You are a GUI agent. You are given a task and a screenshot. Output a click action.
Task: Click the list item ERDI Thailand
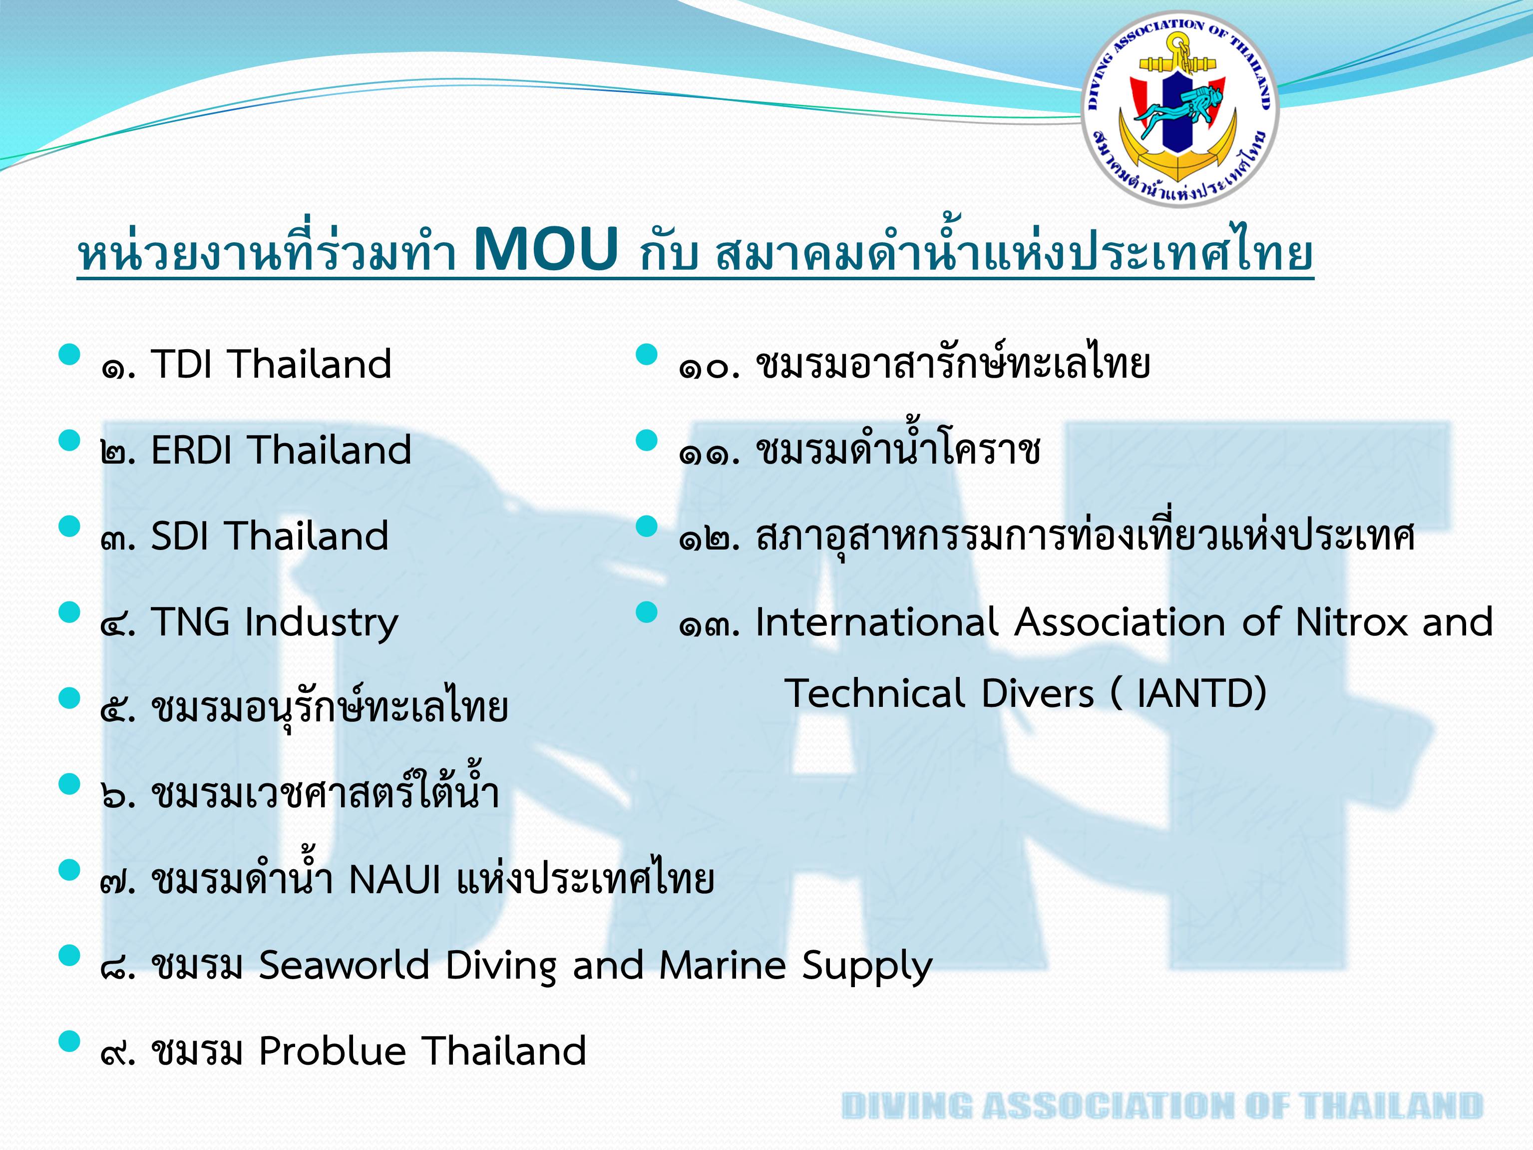tap(281, 450)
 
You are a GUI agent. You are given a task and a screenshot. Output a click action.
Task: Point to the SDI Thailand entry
tap(270, 536)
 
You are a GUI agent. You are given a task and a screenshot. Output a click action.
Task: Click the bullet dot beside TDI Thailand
tap(69, 355)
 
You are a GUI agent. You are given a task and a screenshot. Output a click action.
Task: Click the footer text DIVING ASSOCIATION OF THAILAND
tap(1161, 1105)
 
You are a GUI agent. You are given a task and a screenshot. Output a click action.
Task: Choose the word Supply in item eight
tap(867, 968)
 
